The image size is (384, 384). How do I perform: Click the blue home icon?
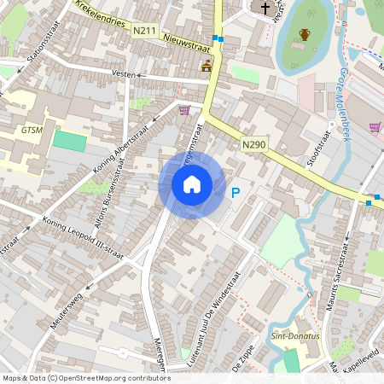point(192,184)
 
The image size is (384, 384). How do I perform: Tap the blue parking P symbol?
point(236,194)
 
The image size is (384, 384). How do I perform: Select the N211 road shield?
point(145,31)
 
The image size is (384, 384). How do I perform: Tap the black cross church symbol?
point(265,9)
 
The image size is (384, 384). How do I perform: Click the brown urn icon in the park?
point(305,35)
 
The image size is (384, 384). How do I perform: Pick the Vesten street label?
point(125,74)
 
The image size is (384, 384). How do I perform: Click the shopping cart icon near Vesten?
point(184,109)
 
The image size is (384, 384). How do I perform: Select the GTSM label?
point(32,131)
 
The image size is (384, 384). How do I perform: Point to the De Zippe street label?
point(245,368)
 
